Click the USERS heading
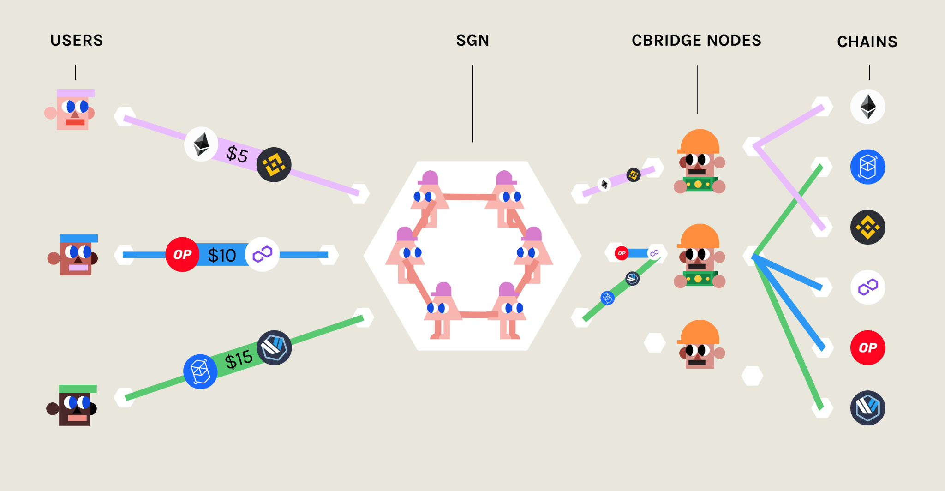tap(77, 41)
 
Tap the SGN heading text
tap(472, 41)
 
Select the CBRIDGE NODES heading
tap(696, 41)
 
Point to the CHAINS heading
tap(867, 42)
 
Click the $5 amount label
tap(237, 154)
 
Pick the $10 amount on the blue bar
tap(222, 255)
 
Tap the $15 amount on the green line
tap(239, 359)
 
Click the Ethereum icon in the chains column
tap(867, 107)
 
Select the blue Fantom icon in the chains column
tap(867, 167)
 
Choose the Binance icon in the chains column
tap(867, 227)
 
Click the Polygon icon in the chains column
tap(867, 287)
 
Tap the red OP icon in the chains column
tap(867, 347)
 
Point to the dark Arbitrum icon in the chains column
tap(867, 408)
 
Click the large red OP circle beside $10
tap(183, 254)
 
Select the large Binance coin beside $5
tap(274, 165)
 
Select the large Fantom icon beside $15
tap(200, 371)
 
